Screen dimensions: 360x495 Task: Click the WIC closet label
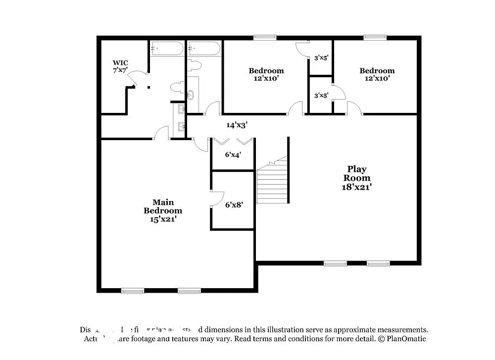pyautogui.click(x=120, y=66)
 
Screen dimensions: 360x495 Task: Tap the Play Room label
pyautogui.click(x=357, y=178)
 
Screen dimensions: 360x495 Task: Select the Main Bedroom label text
pyautogui.click(x=163, y=210)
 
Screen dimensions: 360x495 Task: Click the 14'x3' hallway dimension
pyautogui.click(x=237, y=125)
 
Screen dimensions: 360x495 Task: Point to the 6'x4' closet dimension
pyautogui.click(x=233, y=154)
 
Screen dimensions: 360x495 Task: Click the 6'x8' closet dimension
pyautogui.click(x=234, y=204)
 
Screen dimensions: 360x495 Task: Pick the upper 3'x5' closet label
pyautogui.click(x=321, y=58)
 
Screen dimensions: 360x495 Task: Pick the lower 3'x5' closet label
pyautogui.click(x=321, y=95)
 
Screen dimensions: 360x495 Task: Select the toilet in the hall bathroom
pyautogui.click(x=195, y=65)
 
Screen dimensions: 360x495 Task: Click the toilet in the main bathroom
pyautogui.click(x=176, y=88)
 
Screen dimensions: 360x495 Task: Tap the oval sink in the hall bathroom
pyautogui.click(x=191, y=94)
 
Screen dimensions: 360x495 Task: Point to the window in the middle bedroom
pyautogui.click(x=265, y=37)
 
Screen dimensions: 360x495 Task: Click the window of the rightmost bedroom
pyautogui.click(x=375, y=37)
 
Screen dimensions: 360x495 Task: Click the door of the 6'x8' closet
pyautogui.click(x=216, y=199)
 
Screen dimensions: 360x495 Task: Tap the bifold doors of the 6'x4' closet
pyautogui.click(x=233, y=142)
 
